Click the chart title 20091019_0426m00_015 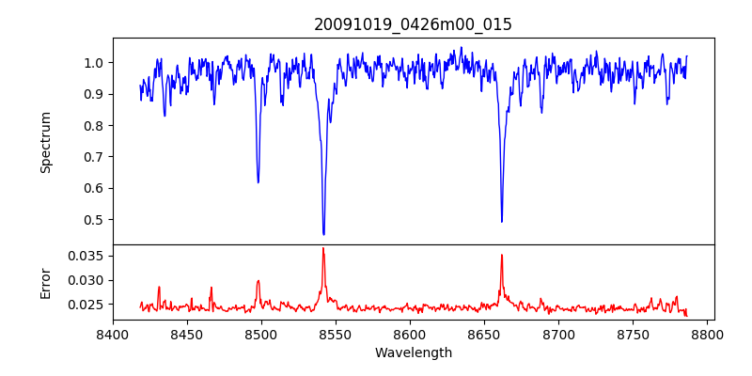point(413,24)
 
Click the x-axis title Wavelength point(413,352)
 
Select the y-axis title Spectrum point(45,142)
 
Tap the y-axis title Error point(45,282)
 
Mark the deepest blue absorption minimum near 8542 point(323,234)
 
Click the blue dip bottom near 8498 point(258,181)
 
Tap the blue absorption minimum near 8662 point(501,221)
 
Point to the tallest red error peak point(322,248)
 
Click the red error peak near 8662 point(501,255)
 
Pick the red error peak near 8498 point(258,280)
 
